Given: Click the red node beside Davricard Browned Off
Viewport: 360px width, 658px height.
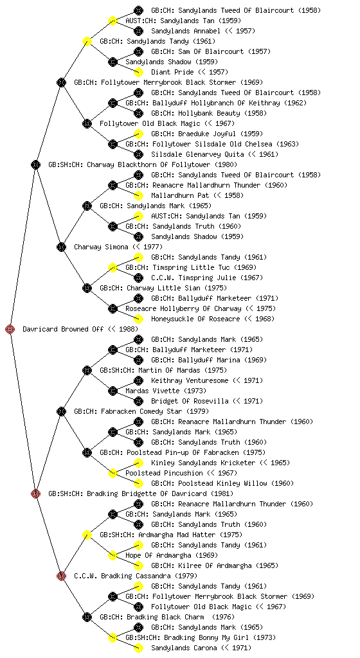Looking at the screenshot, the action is coord(10,329).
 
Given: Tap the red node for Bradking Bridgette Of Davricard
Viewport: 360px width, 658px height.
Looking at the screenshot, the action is coord(35,493).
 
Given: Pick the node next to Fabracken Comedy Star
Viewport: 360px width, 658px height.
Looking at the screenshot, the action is coord(61,411).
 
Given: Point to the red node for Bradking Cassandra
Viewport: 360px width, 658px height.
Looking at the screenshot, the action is coord(61,576).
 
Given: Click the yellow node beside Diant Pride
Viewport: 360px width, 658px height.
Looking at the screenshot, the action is coord(138,72).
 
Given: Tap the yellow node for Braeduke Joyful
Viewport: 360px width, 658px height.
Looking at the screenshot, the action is coord(138,134).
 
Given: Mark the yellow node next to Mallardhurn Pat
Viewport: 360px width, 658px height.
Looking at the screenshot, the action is coord(138,195).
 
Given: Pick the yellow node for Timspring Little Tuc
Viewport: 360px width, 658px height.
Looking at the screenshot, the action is coord(113,267).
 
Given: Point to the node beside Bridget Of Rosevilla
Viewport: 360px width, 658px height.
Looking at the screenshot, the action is coord(138,401).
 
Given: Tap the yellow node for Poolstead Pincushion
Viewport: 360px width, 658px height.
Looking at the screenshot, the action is coord(113,473).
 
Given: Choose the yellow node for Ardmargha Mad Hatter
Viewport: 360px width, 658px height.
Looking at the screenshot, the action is coord(87,535).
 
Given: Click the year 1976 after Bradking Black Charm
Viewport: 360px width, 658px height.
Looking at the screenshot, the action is coord(224,617).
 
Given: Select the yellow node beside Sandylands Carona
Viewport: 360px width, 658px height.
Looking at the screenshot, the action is coord(138,648).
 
